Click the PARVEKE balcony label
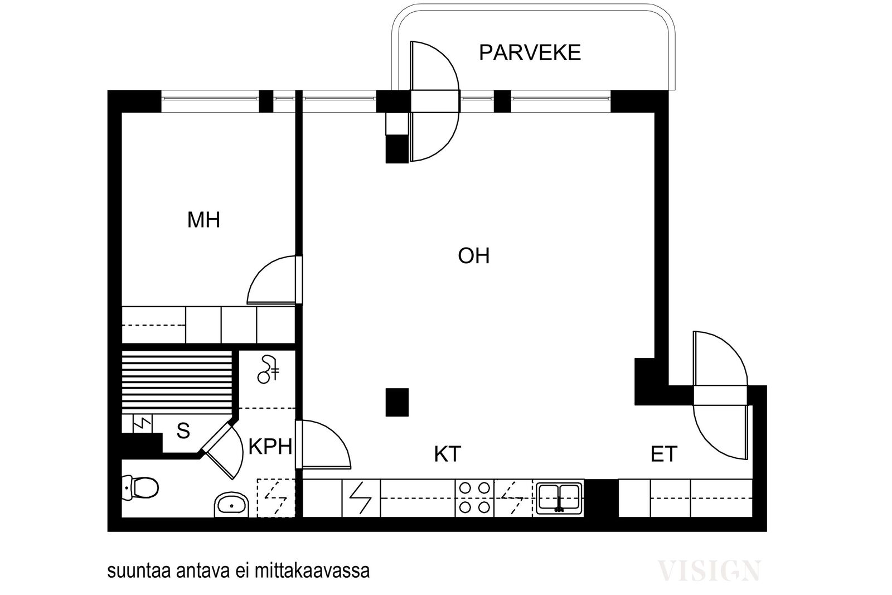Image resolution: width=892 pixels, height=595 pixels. (x=530, y=53)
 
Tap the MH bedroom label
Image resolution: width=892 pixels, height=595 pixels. (x=203, y=220)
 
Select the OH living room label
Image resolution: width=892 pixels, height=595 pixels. (x=473, y=256)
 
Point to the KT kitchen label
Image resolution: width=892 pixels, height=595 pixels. (x=448, y=454)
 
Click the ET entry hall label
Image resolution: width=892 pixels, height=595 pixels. (x=664, y=454)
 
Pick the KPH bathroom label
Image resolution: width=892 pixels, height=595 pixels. (x=270, y=447)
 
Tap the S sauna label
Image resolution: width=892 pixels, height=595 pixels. (x=183, y=430)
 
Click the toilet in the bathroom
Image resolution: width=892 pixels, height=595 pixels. (x=140, y=487)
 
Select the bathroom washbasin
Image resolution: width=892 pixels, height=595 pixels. (x=231, y=505)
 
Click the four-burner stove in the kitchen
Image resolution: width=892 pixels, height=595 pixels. (x=474, y=498)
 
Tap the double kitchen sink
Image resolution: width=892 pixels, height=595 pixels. (x=559, y=498)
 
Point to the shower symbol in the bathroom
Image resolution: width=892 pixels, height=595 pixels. (x=268, y=370)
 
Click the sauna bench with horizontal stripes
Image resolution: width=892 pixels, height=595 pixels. (x=177, y=383)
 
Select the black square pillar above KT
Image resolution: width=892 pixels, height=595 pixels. (x=397, y=402)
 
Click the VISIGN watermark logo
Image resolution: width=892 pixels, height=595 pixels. (x=709, y=570)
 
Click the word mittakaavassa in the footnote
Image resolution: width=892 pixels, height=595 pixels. (x=312, y=570)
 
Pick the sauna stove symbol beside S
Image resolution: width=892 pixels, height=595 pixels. (x=142, y=424)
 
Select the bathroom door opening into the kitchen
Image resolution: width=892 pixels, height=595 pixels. (x=323, y=444)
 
